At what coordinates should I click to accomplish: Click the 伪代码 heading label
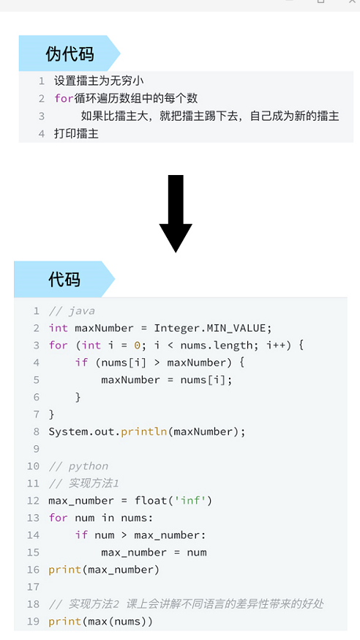[70, 54]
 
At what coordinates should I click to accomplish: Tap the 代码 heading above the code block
[64, 280]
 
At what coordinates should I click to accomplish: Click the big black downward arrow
[176, 214]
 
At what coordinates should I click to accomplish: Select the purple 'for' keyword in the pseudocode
[64, 98]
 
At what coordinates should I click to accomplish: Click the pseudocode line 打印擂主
[76, 133]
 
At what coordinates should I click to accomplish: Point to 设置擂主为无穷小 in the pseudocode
[99, 81]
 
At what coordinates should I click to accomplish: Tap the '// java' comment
[72, 311]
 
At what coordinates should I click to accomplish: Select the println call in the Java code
[144, 432]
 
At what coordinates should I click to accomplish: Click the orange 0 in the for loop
[137, 346]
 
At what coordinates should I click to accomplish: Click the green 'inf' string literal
[191, 500]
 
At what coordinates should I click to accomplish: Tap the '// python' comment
[78, 466]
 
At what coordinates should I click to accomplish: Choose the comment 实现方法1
[94, 483]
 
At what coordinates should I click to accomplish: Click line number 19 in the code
[34, 621]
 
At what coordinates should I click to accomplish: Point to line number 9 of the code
[37, 449]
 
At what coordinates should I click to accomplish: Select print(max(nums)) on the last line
[100, 621]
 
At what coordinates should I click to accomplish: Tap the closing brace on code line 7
[51, 414]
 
